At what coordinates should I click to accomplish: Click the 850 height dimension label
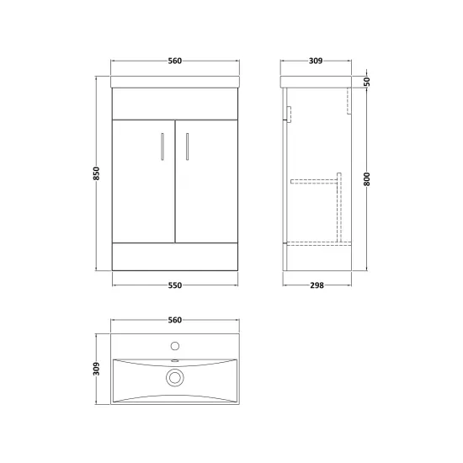click(x=97, y=173)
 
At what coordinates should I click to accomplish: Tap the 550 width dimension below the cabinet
click(x=175, y=285)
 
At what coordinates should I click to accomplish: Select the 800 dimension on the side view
click(x=366, y=179)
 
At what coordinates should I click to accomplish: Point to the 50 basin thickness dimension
click(x=366, y=81)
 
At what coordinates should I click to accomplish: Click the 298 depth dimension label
click(x=317, y=285)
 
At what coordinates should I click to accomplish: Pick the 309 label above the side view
click(x=316, y=61)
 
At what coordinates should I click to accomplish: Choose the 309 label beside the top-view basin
click(x=97, y=369)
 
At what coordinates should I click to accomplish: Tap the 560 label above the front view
click(x=175, y=61)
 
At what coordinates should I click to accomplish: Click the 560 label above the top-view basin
click(x=175, y=320)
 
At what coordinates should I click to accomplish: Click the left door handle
click(x=162, y=146)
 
